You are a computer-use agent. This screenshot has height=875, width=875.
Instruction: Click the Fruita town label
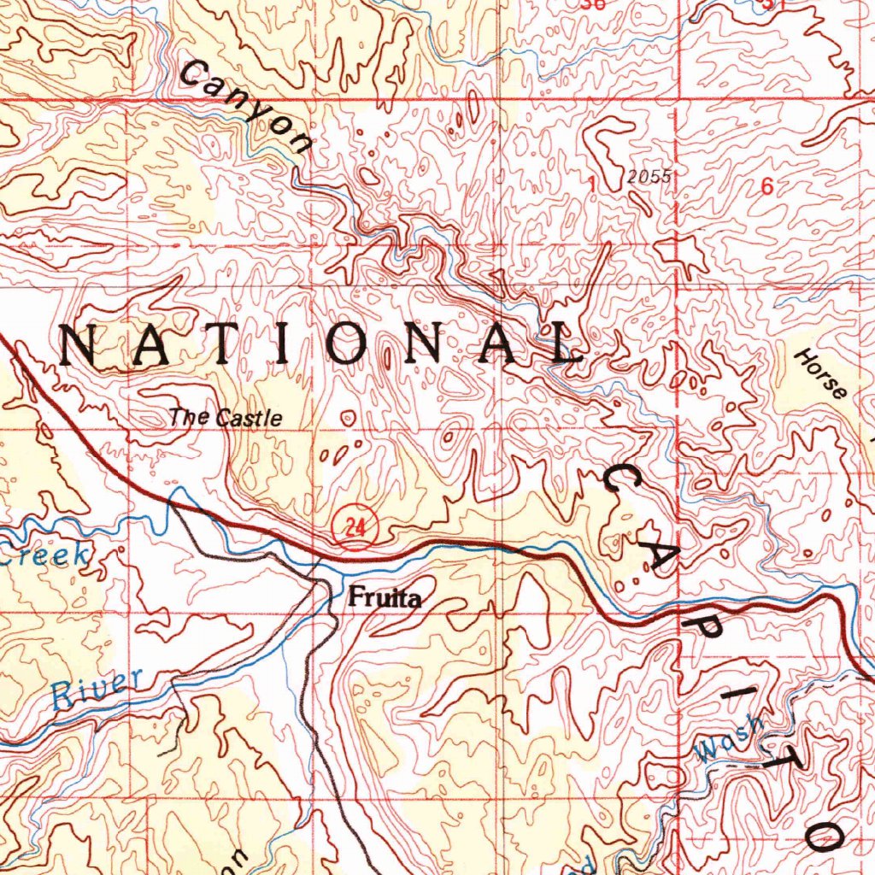[x=385, y=599]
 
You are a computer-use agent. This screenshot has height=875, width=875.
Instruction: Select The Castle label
[x=226, y=418]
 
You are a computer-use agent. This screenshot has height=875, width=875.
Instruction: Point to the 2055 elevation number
[x=649, y=177]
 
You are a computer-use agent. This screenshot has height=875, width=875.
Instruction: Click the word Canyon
[x=246, y=108]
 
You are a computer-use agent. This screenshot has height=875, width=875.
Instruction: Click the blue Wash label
[x=729, y=739]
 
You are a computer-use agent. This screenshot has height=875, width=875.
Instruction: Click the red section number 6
[x=766, y=188]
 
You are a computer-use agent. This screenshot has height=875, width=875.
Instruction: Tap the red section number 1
[x=590, y=182]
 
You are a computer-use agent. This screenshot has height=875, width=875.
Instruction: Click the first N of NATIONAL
[x=83, y=346]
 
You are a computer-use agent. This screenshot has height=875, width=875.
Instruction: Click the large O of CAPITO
[x=826, y=831]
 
